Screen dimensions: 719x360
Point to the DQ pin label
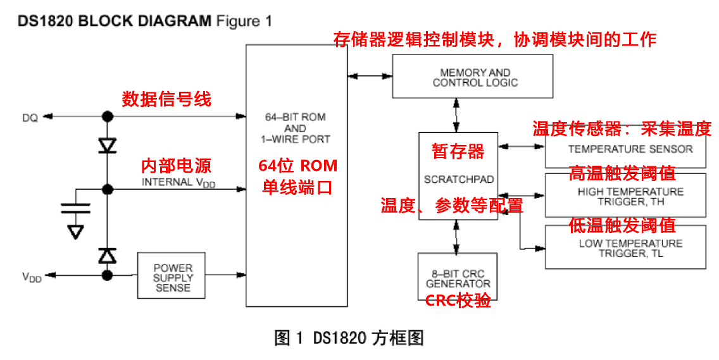[x=30, y=118]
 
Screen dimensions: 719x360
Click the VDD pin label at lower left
[x=32, y=277]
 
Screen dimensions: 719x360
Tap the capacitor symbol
[x=76, y=209]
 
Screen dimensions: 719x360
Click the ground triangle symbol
[x=76, y=231]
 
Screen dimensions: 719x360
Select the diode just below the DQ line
[x=108, y=146]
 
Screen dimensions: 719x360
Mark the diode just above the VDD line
[x=108, y=256]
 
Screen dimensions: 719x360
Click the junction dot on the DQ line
[x=108, y=116]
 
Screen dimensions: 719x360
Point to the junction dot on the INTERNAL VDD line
[x=108, y=189]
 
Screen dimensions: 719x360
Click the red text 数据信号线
[x=166, y=99]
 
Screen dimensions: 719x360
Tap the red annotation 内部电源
[x=177, y=166]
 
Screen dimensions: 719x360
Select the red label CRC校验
[x=458, y=301]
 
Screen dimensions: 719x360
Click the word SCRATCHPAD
[x=458, y=180]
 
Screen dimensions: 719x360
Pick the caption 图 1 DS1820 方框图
[x=349, y=338]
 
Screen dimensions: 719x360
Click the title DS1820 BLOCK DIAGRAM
[x=115, y=21]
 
